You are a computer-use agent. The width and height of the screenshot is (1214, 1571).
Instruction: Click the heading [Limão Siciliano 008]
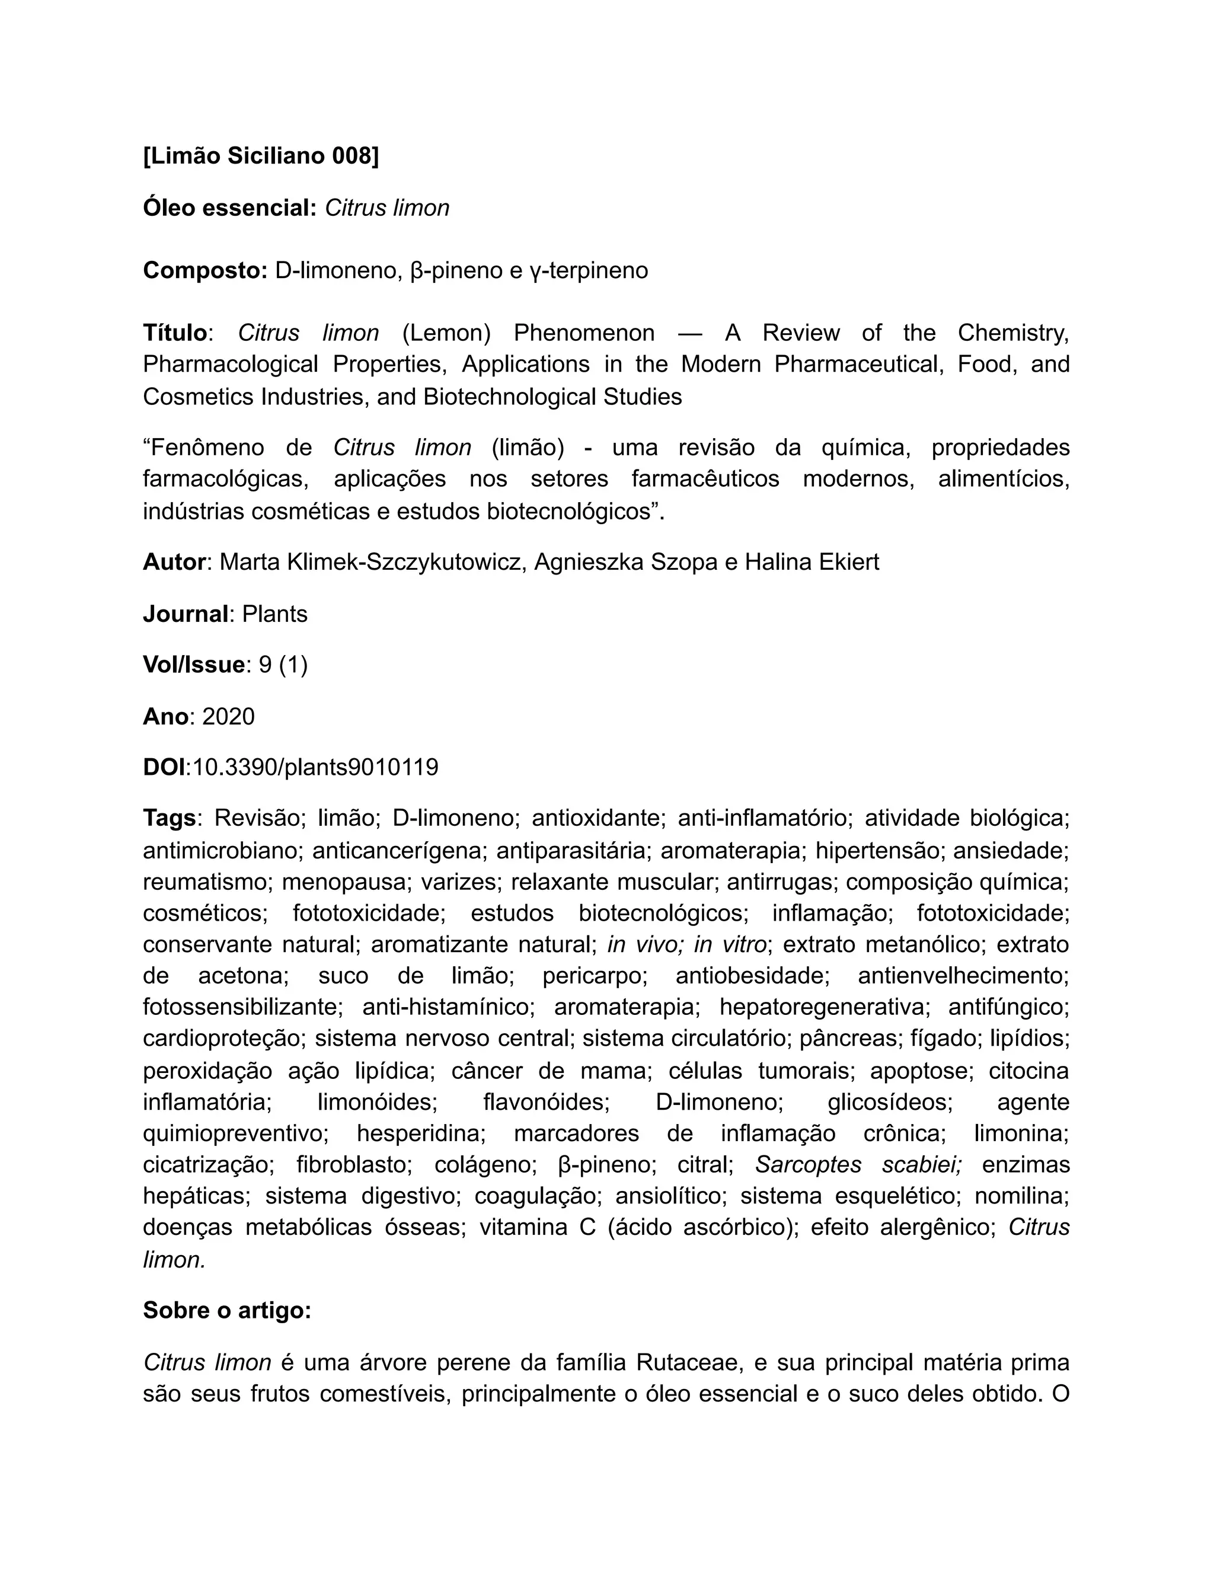261,155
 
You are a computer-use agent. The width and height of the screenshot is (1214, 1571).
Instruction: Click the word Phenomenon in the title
584,333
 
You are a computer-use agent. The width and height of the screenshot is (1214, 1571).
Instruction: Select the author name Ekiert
848,562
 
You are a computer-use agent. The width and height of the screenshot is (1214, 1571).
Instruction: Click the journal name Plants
274,614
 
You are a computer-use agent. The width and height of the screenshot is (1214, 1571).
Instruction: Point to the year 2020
229,717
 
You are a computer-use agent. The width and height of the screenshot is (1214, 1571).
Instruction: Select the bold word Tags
170,818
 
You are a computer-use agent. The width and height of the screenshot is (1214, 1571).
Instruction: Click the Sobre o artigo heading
227,1311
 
